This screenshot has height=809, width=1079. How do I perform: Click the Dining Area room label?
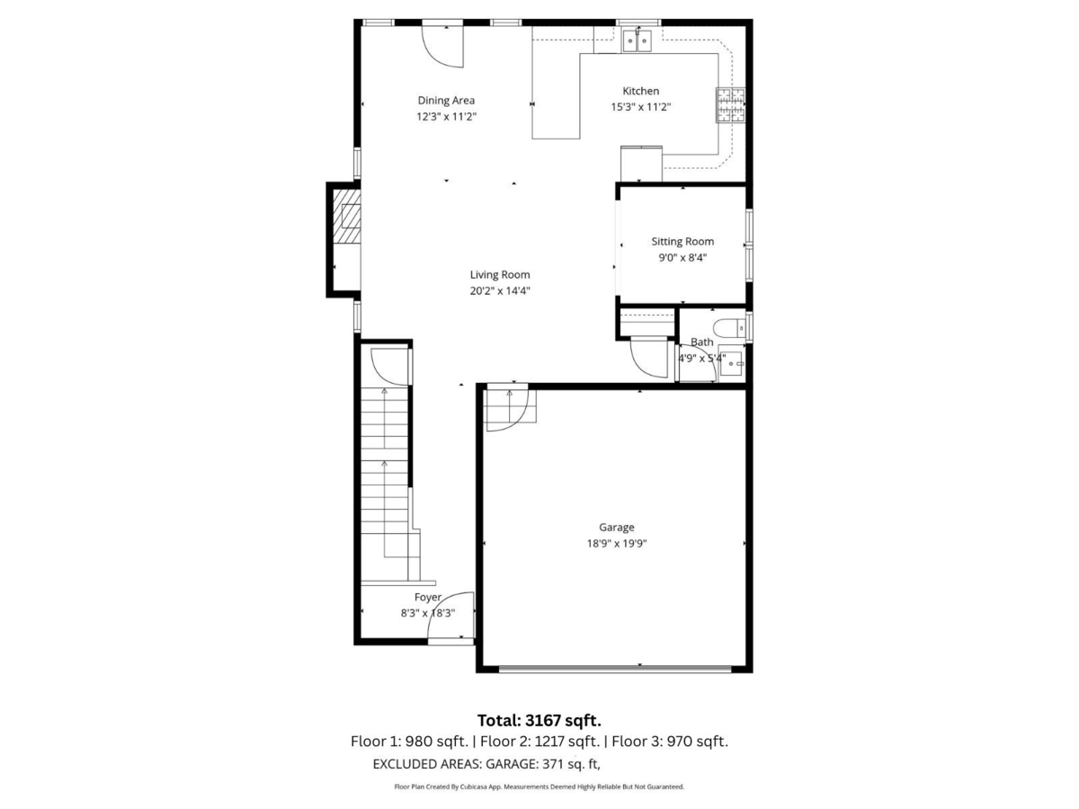click(x=446, y=101)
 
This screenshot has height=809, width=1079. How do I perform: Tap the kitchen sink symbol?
click(x=638, y=40)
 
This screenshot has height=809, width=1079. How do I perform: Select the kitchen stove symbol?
click(x=729, y=105)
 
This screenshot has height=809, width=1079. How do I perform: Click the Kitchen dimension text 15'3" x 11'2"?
click(x=641, y=107)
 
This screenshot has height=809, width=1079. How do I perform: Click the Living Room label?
click(x=500, y=275)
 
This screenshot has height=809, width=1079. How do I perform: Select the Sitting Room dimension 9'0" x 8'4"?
click(x=682, y=257)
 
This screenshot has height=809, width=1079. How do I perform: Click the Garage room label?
click(x=617, y=528)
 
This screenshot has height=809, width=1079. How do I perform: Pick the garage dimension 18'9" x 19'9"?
click(x=617, y=543)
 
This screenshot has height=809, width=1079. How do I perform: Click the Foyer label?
click(x=428, y=597)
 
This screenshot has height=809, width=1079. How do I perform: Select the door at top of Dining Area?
click(x=443, y=45)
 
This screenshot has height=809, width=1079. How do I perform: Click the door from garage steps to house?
click(x=509, y=409)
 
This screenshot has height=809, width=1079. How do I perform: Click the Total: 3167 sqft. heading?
click(x=539, y=720)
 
